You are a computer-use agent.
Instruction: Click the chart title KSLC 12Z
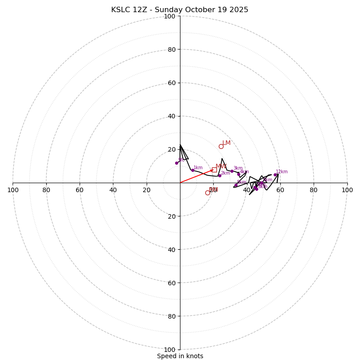pos(180,10)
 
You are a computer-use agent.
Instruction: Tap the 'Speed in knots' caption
pos(180,356)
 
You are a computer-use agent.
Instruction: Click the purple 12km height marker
pos(275,175)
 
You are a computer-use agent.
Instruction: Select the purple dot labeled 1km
pos(193,170)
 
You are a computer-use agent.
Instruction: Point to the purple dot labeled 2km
pos(220,175)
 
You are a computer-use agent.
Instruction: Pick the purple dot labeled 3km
pos(232,171)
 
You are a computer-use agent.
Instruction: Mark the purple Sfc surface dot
pos(176,163)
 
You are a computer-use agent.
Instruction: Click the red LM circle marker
pos(221,146)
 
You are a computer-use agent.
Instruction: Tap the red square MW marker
pos(214,170)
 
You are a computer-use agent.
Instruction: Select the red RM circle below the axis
pos(207,193)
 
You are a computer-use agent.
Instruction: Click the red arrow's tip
pos(213,170)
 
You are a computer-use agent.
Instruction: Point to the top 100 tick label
pos(170,16)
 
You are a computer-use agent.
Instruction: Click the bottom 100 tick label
pos(170,350)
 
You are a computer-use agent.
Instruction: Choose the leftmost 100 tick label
pos(13,190)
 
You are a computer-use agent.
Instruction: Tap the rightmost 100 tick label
pos(347,190)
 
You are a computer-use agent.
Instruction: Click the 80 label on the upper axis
pos(171,49)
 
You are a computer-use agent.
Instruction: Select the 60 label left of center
pos(80,190)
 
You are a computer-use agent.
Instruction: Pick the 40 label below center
pos(171,250)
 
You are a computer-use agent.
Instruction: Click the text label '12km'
pos(282,171)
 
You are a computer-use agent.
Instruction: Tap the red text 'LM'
pos(226,143)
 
